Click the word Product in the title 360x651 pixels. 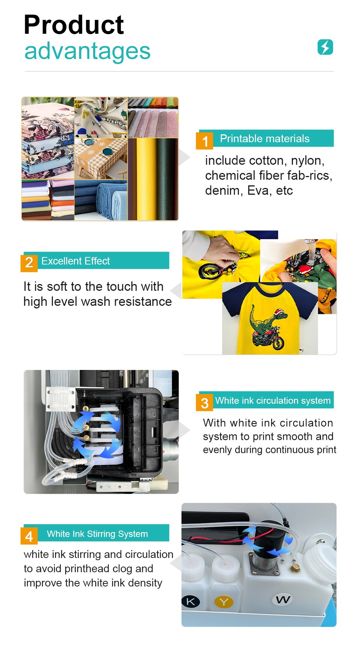click(73, 26)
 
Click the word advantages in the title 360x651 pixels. click(87, 51)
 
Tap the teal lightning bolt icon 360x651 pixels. click(325, 47)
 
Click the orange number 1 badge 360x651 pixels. click(205, 141)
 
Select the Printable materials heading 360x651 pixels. click(264, 138)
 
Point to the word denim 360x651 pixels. click(220, 191)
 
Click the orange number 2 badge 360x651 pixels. click(29, 262)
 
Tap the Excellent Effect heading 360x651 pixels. click(75, 261)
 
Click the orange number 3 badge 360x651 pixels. click(205, 403)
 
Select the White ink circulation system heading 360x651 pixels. click(273, 400)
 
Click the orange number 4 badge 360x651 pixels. click(29, 536)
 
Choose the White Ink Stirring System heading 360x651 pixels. click(97, 534)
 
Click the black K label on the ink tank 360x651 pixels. click(190, 601)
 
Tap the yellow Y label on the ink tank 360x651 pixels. click(224, 602)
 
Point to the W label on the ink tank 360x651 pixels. click(283, 599)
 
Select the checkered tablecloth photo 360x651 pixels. click(100, 158)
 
